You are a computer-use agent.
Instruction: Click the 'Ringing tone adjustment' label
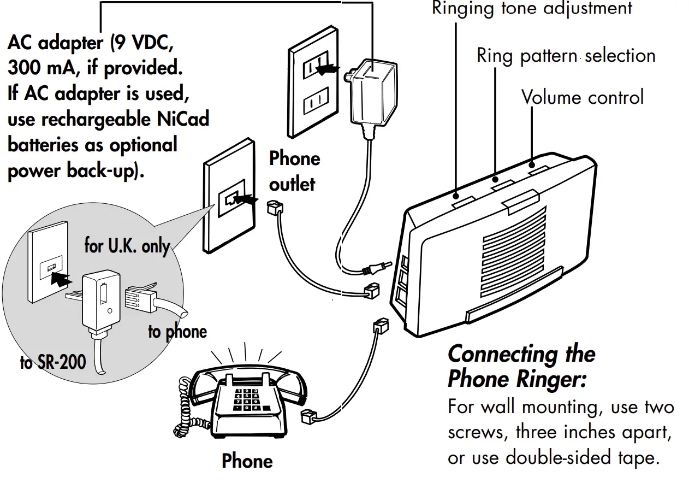coord(532,9)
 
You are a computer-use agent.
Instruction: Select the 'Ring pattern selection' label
coord(566,56)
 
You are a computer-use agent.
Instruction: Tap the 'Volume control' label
coord(583,97)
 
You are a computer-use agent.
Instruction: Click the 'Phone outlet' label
coord(294,171)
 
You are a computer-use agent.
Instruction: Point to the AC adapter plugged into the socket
coord(372,90)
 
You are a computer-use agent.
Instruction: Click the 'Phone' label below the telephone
coord(247,461)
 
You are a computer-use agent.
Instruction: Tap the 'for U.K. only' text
coord(127,246)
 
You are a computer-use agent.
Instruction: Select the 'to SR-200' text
coord(53,362)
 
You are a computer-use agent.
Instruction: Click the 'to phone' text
coord(177,332)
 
